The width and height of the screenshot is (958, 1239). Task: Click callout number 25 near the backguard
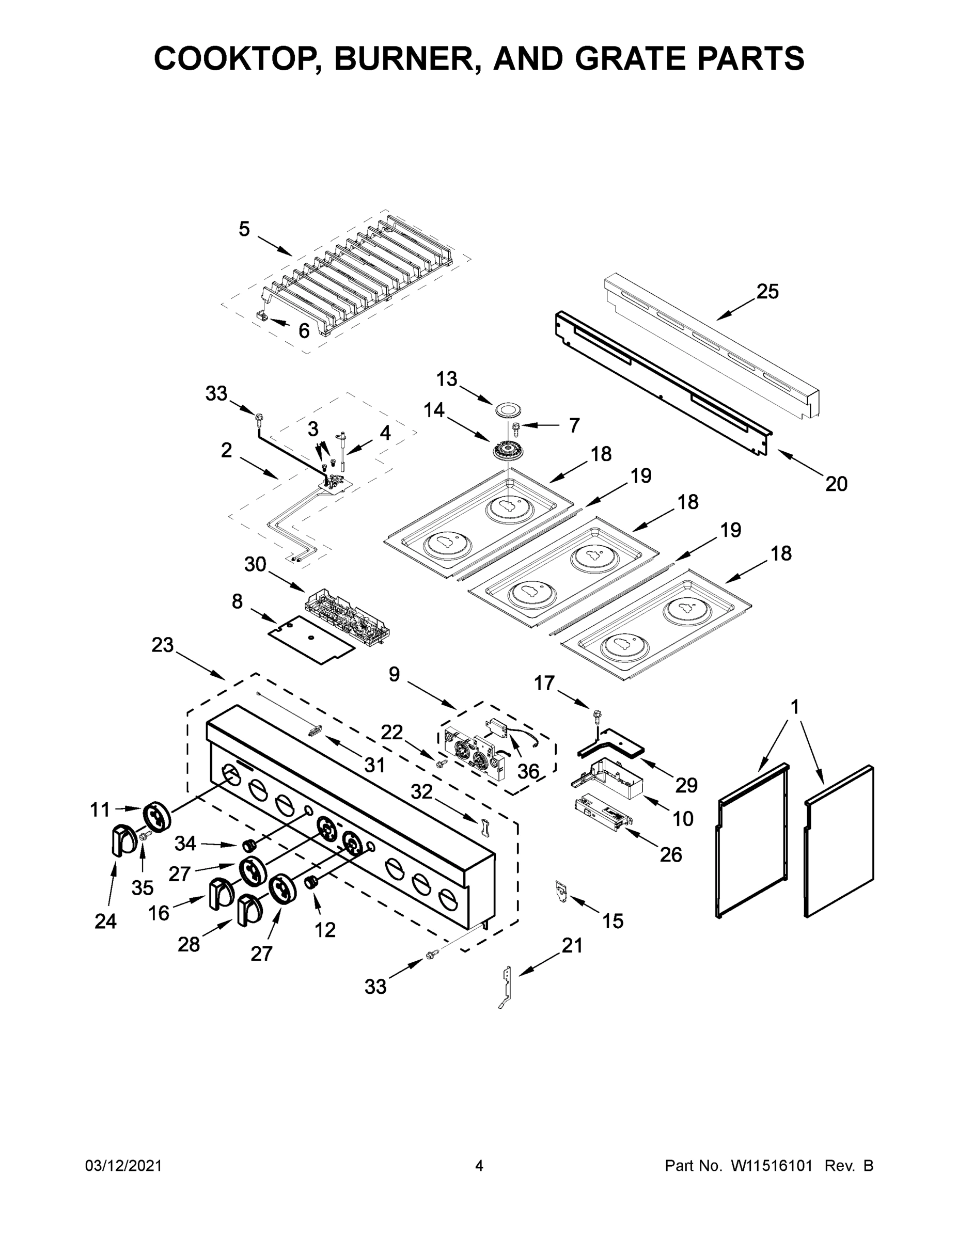click(767, 292)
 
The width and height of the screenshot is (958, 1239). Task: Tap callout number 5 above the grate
click(244, 229)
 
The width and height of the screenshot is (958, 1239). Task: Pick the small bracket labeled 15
click(561, 889)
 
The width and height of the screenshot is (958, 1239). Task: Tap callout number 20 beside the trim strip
click(836, 483)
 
